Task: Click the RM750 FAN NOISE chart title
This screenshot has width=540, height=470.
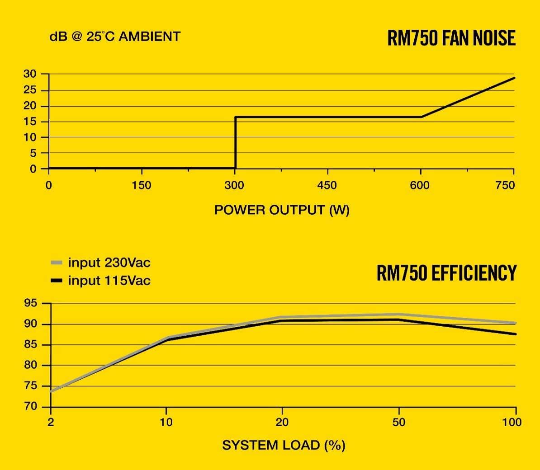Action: pyautogui.click(x=451, y=38)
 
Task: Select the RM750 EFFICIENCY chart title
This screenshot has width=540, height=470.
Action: pyautogui.click(x=446, y=273)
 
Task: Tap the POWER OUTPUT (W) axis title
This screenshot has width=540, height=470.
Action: pyautogui.click(x=282, y=210)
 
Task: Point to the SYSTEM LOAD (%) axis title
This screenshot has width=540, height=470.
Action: pyautogui.click(x=284, y=445)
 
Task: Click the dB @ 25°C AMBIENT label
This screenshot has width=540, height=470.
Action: pyautogui.click(x=115, y=37)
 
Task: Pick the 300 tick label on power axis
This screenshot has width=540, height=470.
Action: pyautogui.click(x=234, y=185)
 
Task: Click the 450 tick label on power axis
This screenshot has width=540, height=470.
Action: pyautogui.click(x=327, y=185)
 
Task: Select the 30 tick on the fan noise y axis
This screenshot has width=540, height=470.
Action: pyautogui.click(x=30, y=74)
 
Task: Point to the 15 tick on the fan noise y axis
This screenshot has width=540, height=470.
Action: pyautogui.click(x=30, y=122)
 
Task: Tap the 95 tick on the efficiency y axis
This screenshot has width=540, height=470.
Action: pyautogui.click(x=31, y=304)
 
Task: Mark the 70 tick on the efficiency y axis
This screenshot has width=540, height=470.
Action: pyautogui.click(x=31, y=406)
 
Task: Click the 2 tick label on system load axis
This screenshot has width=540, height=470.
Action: pyautogui.click(x=51, y=423)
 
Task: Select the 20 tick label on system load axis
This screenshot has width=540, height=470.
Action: pyautogui.click(x=282, y=423)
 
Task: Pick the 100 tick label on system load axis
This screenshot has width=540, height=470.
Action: pyautogui.click(x=512, y=423)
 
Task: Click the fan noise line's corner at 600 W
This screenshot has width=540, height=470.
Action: pyautogui.click(x=422, y=117)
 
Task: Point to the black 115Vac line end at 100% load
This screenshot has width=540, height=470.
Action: pyautogui.click(x=515, y=334)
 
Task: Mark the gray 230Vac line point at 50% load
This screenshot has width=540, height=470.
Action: pyautogui.click(x=398, y=315)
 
